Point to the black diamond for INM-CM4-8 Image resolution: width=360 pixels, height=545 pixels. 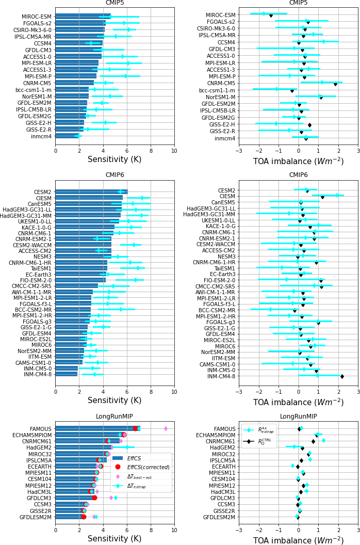[342, 376]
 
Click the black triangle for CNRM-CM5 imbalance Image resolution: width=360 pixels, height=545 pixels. [335, 84]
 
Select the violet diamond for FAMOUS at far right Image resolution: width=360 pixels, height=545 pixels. [166, 428]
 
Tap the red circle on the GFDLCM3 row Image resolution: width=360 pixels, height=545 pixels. [94, 498]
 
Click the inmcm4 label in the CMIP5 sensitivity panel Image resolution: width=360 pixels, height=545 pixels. [41, 137]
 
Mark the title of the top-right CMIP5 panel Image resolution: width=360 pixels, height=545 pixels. [298, 3]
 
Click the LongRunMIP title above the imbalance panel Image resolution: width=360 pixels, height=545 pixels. [298, 416]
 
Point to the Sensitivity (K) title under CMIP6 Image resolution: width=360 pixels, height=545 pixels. [114, 400]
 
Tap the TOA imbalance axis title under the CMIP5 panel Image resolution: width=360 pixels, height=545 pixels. [298, 162]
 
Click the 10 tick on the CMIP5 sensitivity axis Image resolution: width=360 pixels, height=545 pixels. [174, 151]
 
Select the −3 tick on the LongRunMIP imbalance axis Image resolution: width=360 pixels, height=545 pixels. [239, 529]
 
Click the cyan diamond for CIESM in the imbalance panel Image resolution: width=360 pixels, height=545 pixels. [337, 195]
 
